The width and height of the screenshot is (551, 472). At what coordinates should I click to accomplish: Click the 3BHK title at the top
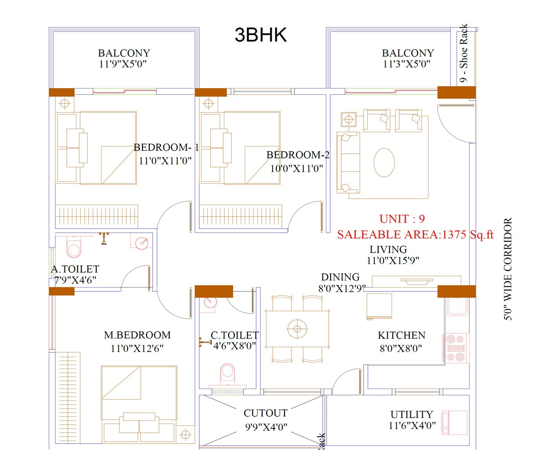(261, 35)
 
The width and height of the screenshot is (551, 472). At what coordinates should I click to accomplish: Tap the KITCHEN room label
(401, 336)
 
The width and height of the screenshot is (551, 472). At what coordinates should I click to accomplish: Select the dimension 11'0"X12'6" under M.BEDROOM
(137, 348)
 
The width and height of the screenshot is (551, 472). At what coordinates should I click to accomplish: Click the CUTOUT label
(265, 413)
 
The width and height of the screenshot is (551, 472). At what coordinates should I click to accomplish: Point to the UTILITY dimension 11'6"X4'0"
(412, 426)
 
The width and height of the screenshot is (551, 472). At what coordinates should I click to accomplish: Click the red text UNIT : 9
(402, 219)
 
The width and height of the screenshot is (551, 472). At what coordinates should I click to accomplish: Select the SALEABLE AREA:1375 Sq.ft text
(415, 235)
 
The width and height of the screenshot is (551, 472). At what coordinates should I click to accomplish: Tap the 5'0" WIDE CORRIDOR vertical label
(508, 269)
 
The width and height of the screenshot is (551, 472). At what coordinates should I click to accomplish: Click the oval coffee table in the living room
(384, 162)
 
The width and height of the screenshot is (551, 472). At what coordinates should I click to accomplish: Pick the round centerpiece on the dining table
(297, 329)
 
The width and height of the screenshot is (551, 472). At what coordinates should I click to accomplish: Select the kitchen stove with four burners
(456, 348)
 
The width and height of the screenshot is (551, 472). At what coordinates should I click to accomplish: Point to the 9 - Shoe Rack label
(464, 53)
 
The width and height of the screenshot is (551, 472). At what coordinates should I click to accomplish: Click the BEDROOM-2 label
(298, 155)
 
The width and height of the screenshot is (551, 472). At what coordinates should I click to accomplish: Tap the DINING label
(340, 277)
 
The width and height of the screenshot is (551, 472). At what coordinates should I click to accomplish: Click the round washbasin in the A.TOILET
(141, 243)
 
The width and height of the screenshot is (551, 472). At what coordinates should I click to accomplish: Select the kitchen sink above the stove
(457, 306)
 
